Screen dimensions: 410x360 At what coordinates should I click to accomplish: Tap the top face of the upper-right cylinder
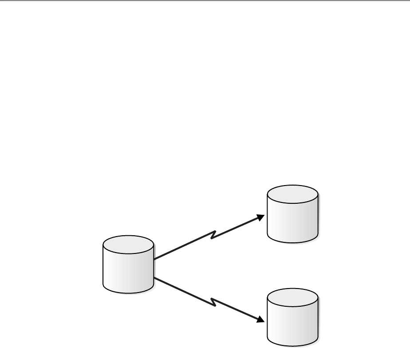[x=293, y=194]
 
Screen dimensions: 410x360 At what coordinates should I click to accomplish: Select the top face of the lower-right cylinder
[x=293, y=297]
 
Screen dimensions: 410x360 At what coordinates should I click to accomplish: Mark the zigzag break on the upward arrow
[x=214, y=234]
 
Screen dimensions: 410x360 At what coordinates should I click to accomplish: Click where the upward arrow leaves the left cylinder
[x=155, y=258]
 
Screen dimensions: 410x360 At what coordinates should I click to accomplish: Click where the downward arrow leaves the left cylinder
[x=155, y=278]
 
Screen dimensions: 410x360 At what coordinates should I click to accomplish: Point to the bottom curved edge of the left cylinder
[x=128, y=293]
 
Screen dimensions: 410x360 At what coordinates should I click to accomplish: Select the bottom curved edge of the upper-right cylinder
[x=293, y=242]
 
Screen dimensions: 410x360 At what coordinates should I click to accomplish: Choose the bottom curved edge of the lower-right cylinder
[x=293, y=344]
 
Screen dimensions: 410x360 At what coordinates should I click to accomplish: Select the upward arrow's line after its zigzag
[x=237, y=227]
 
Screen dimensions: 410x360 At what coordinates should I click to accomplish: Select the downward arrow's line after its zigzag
[x=237, y=310]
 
